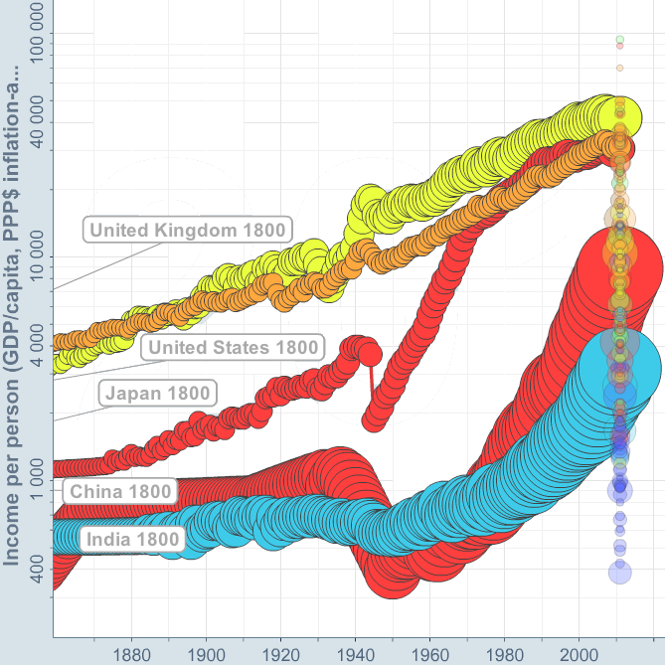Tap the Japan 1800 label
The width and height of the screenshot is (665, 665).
(x=157, y=393)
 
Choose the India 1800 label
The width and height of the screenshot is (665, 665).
(x=133, y=540)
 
